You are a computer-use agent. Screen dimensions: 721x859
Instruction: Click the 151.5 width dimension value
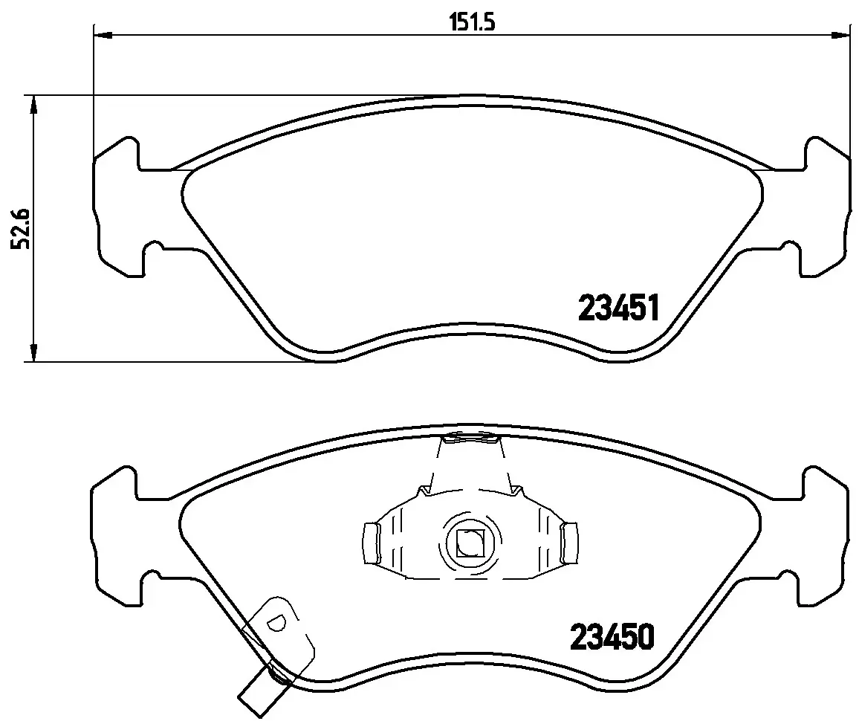click(x=471, y=22)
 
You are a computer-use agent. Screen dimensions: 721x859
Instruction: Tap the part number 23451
click(x=618, y=307)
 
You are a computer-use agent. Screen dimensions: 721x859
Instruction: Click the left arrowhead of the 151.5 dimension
click(x=103, y=34)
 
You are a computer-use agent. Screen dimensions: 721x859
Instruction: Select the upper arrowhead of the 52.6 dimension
click(x=33, y=104)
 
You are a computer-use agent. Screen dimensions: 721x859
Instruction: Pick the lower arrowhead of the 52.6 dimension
click(x=33, y=353)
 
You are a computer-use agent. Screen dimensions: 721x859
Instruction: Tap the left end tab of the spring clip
click(x=371, y=542)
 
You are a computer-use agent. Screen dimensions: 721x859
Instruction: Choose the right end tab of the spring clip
click(x=571, y=542)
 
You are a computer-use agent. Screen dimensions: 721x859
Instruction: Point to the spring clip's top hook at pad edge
click(x=470, y=440)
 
